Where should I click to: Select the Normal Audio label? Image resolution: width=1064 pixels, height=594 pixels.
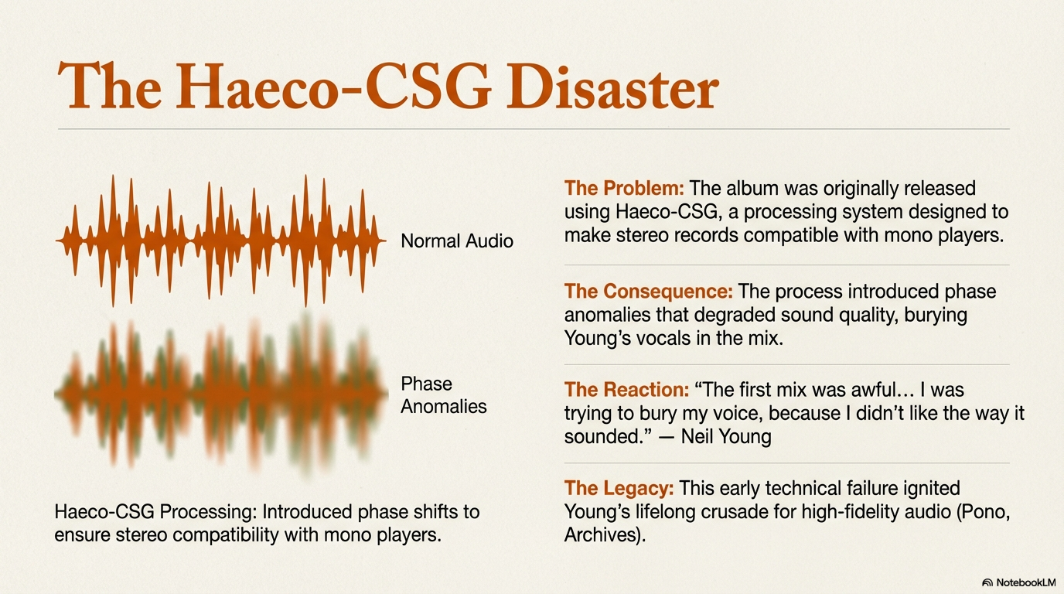coord(457,241)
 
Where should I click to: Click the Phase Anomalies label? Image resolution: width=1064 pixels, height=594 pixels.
coord(444,395)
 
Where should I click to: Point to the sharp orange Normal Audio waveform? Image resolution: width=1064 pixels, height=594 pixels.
coord(221,241)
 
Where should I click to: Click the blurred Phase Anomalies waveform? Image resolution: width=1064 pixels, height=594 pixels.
coord(221,394)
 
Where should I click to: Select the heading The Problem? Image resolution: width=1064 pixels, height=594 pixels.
coord(624,188)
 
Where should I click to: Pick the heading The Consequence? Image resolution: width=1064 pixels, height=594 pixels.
coord(648,292)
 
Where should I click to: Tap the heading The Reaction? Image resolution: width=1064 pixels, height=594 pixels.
coord(626,390)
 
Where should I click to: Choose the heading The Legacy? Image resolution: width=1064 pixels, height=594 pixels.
coord(619,489)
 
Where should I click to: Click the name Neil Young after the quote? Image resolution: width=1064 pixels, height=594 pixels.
coord(726,436)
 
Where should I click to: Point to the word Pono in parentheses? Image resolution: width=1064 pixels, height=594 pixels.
coord(981,512)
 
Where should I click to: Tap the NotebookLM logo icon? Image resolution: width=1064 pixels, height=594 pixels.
coord(987,582)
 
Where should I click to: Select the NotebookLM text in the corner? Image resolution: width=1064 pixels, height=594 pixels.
coord(1026,582)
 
